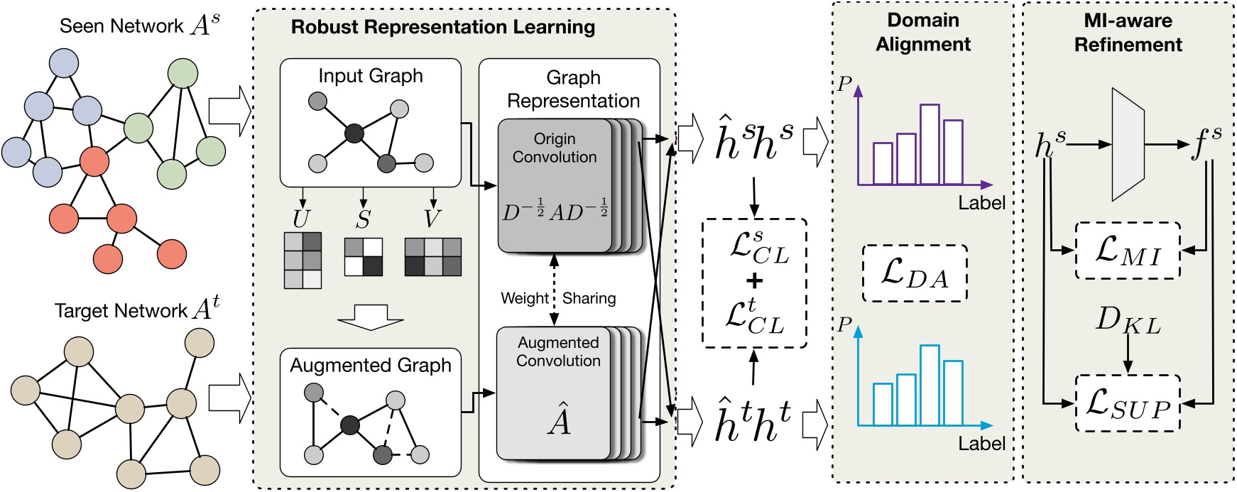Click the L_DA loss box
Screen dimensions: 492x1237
(915, 273)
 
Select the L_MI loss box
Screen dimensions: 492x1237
(1128, 251)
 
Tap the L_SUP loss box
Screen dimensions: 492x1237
(1128, 403)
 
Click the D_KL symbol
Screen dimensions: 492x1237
(1128, 321)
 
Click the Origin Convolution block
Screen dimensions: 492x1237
(555, 185)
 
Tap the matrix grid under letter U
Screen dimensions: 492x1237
(303, 261)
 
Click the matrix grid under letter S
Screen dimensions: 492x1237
(363, 256)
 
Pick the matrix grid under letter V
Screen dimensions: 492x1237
(432, 256)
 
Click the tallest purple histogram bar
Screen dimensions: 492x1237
(930, 144)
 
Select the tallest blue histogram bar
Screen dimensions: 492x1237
(930, 385)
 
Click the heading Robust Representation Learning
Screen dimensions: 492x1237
(443, 28)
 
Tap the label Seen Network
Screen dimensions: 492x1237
(121, 26)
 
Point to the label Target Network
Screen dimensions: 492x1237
(121, 311)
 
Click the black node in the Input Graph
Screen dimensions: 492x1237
(354, 133)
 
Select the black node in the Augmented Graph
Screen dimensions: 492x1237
(349, 425)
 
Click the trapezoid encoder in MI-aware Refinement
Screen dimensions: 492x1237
(1128, 145)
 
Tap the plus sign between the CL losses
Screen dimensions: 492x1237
(754, 281)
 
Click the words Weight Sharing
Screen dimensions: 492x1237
(558, 298)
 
